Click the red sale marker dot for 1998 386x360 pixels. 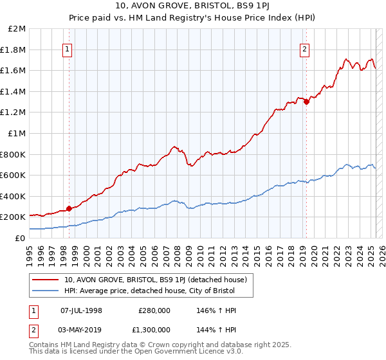[68, 208]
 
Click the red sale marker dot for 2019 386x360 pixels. [306, 101]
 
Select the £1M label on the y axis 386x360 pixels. [17, 133]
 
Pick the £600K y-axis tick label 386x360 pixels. [14, 175]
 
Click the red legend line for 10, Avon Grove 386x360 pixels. [45, 280]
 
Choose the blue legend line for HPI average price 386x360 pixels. [45, 291]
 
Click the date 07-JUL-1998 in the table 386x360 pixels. [81, 310]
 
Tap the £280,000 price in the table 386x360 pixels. [154, 310]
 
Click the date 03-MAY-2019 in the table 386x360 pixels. [81, 330]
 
